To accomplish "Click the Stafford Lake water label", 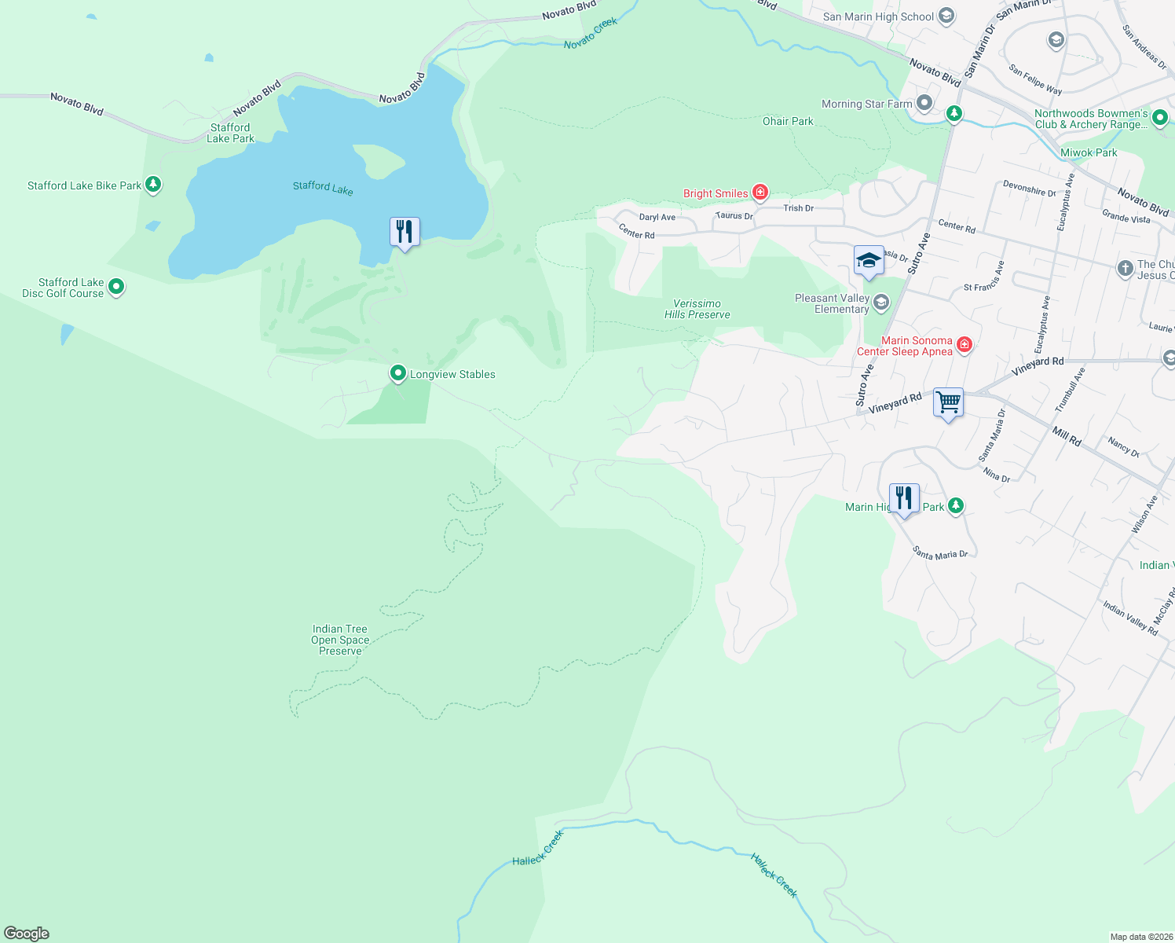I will pos(323,187).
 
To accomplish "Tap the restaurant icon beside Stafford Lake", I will pos(404,232).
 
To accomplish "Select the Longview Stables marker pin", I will pos(398,373).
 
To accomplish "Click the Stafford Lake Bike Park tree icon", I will pos(154,185).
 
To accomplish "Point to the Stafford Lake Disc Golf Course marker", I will pos(116,287).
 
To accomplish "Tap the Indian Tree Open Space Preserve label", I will pos(340,640).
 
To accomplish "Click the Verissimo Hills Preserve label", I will pos(697,309).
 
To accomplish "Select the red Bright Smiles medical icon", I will pos(760,193).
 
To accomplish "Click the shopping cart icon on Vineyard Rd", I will pos(948,403).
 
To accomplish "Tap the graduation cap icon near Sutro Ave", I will pos(869,260).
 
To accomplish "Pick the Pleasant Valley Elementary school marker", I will pos(881,303).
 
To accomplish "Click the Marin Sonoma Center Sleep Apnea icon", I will pos(965,345).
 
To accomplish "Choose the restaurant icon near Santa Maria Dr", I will pos(904,498).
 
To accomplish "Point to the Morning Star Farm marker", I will pos(924,103).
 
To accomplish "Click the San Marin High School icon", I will pos(946,16).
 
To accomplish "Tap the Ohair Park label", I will pos(788,121).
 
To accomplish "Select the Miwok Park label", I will pos(1089,152).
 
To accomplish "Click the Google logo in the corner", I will pos(27,933).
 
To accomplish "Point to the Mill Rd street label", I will pos(1067,437).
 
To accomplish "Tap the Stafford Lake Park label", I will pos(230,133).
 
